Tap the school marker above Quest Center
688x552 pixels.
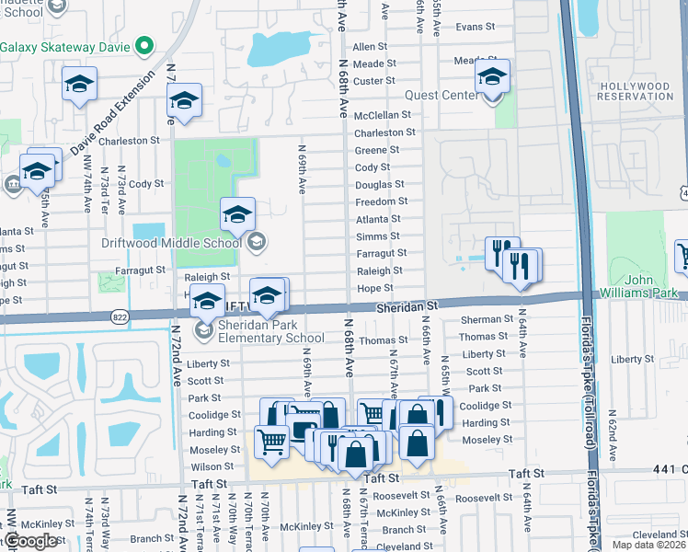(x=492, y=77)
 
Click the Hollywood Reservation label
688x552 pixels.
(x=635, y=90)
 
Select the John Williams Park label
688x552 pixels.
(x=650, y=286)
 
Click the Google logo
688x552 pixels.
(x=30, y=541)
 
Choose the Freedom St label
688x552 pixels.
(x=381, y=201)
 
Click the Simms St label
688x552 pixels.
(x=378, y=236)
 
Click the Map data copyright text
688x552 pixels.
(x=649, y=544)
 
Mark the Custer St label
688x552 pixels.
(x=374, y=81)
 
